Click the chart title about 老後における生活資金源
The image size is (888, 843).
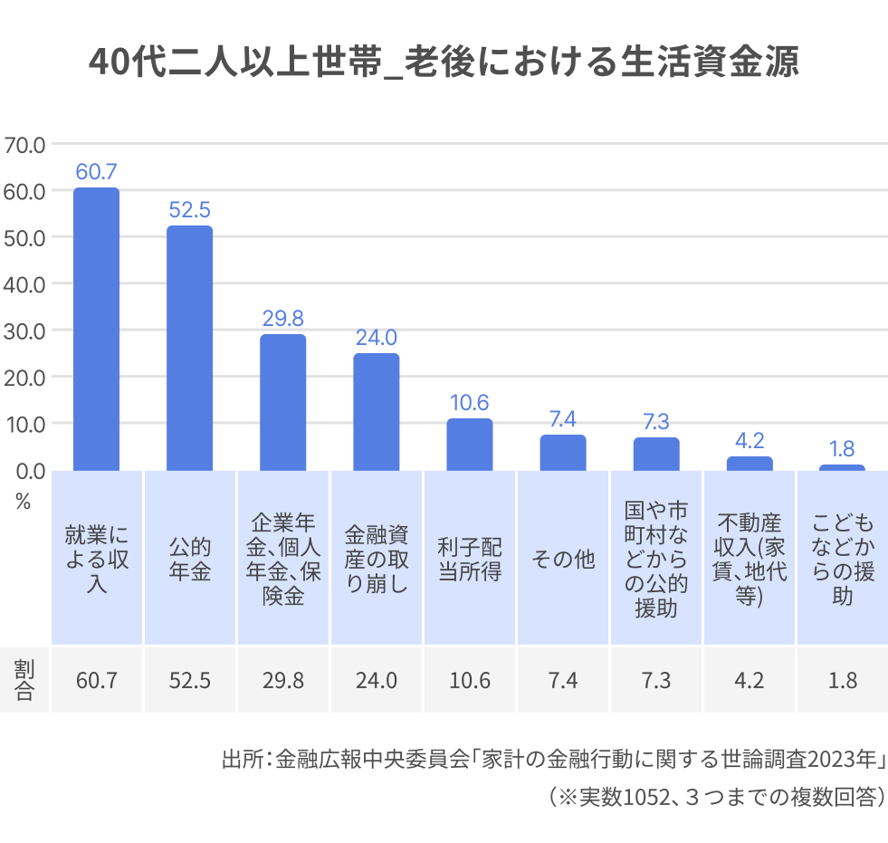click(x=444, y=62)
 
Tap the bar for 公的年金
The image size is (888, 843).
click(x=189, y=348)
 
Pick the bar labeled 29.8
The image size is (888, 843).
click(x=283, y=402)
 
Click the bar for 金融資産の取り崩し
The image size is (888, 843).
click(x=376, y=412)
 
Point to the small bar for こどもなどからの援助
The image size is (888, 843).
click(x=842, y=467)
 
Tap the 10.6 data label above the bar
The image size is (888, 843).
click(x=469, y=402)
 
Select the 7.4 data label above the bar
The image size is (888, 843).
click(x=562, y=418)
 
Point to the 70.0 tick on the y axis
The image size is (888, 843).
click(x=24, y=144)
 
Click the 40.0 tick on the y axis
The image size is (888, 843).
click(x=24, y=283)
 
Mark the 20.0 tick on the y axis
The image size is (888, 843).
click(x=24, y=377)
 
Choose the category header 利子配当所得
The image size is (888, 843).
click(x=469, y=560)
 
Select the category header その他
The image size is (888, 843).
click(x=562, y=560)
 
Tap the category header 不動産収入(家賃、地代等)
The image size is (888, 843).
click(x=749, y=560)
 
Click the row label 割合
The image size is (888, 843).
click(x=24, y=680)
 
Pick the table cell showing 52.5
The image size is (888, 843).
click(x=189, y=680)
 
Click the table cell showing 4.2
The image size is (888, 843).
click(x=749, y=680)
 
